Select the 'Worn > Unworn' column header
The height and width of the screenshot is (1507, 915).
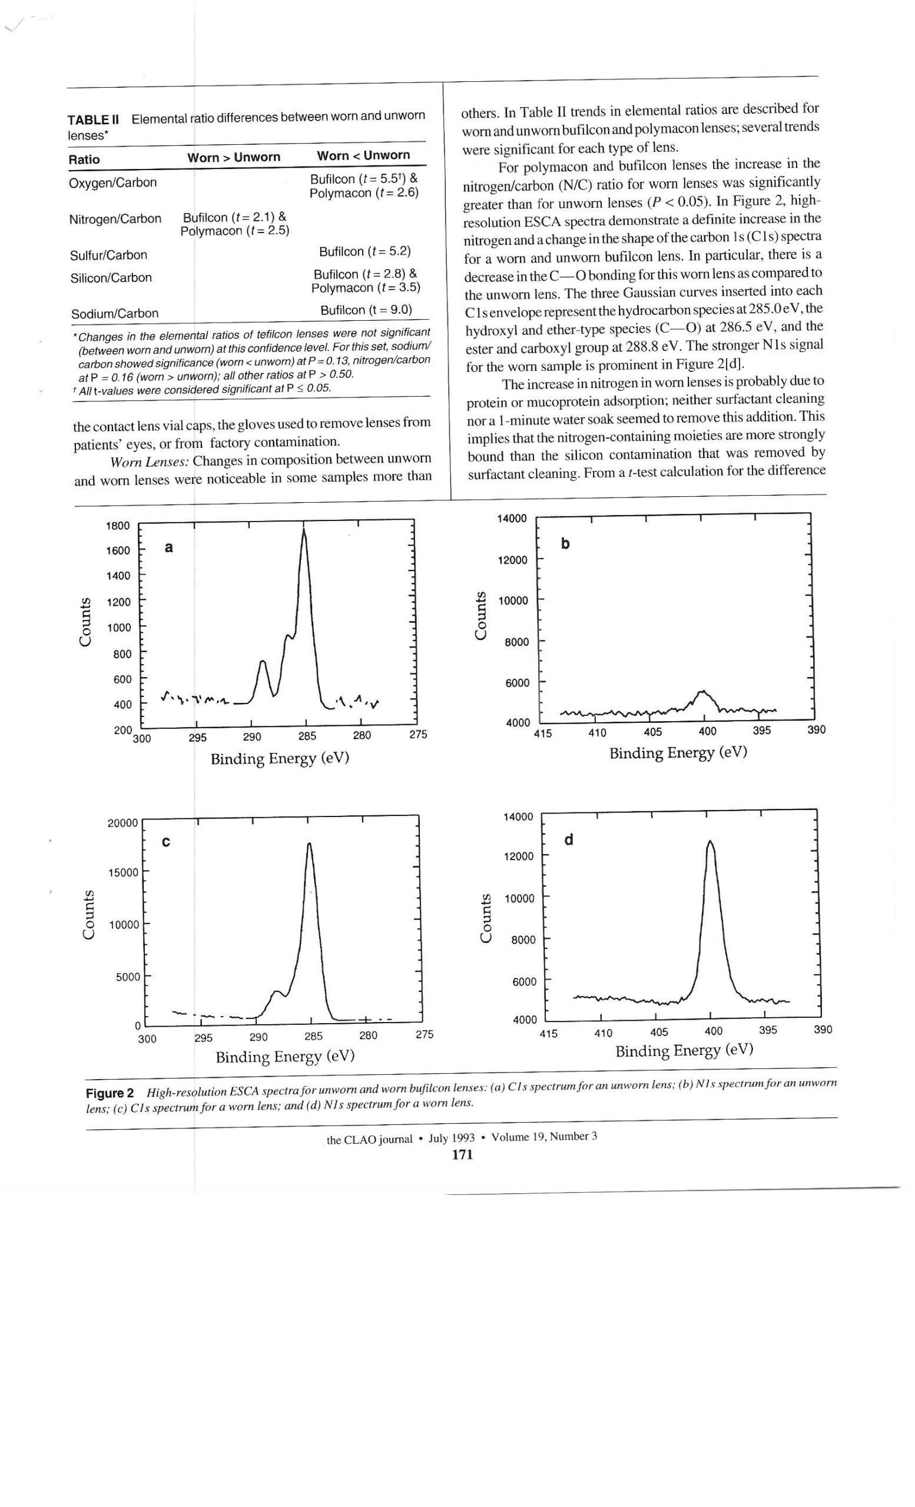(234, 157)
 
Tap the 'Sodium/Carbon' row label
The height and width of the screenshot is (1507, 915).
(115, 314)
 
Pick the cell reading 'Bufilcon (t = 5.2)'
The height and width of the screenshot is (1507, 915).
(364, 252)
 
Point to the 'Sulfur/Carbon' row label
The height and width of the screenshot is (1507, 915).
(108, 255)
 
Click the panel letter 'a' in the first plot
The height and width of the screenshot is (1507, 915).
(169, 547)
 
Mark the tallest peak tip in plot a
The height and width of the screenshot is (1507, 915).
(303, 530)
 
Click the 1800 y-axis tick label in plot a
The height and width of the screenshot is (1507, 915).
(118, 526)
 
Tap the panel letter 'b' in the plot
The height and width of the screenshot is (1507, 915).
(565, 543)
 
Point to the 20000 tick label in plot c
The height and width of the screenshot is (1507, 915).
(123, 822)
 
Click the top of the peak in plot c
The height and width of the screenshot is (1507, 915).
(310, 844)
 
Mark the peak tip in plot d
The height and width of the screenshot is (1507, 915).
(710, 842)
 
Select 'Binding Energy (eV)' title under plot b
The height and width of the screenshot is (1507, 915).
(678, 753)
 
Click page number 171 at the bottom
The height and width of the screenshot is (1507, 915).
(462, 1154)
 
